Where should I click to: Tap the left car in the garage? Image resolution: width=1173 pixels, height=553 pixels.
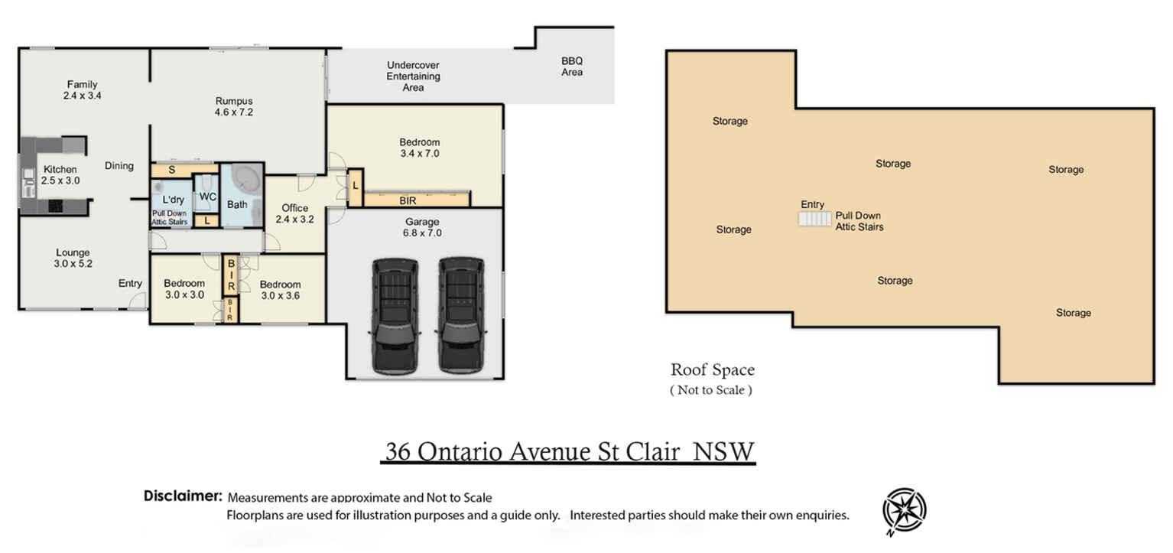tap(395, 317)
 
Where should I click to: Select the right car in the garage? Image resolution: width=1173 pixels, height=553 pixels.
tap(461, 315)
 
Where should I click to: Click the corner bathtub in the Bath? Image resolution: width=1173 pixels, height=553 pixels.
tap(247, 179)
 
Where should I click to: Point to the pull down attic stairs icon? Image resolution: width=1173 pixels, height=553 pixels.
tap(814, 219)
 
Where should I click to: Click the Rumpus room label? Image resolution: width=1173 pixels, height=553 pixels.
tap(233, 106)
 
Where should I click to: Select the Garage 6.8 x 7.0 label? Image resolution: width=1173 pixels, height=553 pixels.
tap(422, 227)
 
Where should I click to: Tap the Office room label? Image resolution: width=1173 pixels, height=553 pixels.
tap(295, 213)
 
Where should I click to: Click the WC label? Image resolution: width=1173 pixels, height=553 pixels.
tap(208, 197)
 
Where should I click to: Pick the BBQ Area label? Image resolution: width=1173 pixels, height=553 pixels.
tap(572, 67)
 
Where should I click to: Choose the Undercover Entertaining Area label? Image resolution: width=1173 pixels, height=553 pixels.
tap(413, 76)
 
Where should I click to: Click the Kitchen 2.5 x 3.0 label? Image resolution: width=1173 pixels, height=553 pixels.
tap(60, 175)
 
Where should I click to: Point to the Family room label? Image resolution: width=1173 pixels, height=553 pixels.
tap(83, 89)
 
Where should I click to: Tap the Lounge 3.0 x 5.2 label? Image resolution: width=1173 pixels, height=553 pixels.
tap(73, 259)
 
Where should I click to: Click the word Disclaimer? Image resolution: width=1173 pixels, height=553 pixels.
tap(184, 496)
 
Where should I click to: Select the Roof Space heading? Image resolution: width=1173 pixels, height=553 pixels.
tap(713, 369)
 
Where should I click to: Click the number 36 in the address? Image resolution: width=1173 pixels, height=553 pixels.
tap(398, 451)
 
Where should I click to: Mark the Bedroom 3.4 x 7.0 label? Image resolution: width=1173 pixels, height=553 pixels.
tap(420, 148)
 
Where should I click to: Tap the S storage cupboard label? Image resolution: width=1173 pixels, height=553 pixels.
tap(172, 171)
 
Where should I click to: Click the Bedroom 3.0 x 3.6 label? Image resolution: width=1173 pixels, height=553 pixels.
tap(280, 290)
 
